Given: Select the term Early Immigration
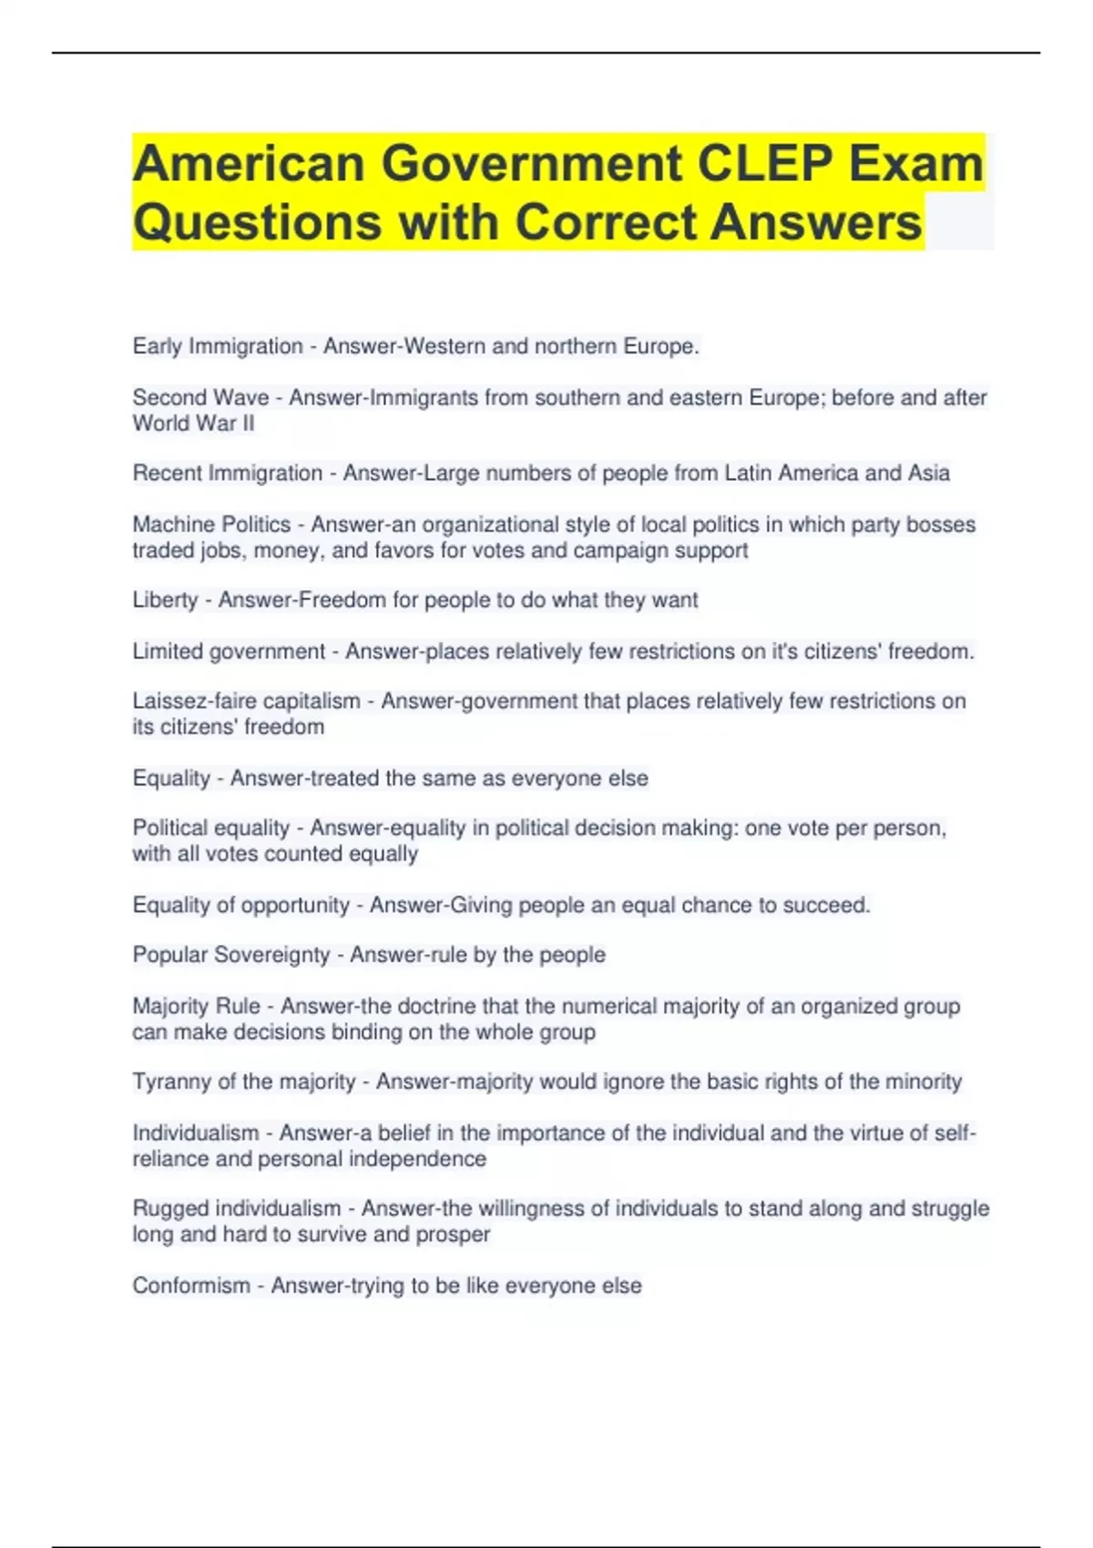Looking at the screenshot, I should coord(218,347).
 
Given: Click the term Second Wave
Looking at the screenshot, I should coord(200,398).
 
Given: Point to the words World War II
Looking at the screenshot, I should coord(193,423).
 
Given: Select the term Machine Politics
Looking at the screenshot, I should coord(211,524).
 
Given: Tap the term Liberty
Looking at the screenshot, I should coord(165,600).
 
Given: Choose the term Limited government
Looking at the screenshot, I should coord(229,651).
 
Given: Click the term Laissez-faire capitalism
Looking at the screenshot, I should coord(247,701).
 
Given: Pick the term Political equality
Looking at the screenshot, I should coord(211,828).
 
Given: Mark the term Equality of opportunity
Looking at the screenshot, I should coord(241,905).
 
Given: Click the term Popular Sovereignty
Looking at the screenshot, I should coord(231,954).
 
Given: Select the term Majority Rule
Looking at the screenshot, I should coord(197,1006).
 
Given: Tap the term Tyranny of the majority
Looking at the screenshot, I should coord(244,1082).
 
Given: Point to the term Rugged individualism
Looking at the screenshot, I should coord(237,1208).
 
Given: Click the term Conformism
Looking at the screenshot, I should coord(191,1286).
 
